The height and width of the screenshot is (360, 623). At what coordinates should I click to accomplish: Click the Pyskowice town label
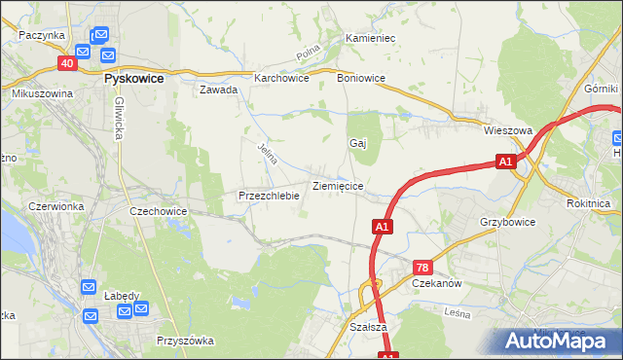click(x=133, y=78)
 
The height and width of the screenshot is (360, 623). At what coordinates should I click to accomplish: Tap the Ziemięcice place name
click(x=338, y=184)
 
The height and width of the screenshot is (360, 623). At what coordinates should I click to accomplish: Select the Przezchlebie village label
click(x=269, y=195)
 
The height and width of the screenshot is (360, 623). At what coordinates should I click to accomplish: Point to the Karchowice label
click(x=281, y=79)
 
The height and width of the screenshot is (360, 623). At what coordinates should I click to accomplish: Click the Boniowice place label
click(x=361, y=79)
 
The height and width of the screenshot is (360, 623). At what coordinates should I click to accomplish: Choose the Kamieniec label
click(x=370, y=38)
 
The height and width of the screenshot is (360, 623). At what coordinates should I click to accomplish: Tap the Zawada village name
click(x=219, y=90)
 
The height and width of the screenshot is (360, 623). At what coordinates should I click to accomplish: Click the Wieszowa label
click(x=507, y=128)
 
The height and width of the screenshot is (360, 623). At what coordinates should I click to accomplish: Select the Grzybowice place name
click(x=507, y=222)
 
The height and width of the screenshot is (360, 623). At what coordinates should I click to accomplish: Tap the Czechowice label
click(x=158, y=210)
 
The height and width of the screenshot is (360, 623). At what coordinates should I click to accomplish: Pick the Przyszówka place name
click(x=185, y=341)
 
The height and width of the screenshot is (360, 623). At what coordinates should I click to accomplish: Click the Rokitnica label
click(x=588, y=203)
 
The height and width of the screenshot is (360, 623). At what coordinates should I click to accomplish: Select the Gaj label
click(x=357, y=143)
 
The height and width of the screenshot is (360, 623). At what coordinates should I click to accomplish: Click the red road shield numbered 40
click(x=66, y=63)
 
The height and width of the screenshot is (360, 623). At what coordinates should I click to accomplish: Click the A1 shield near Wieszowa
click(x=504, y=162)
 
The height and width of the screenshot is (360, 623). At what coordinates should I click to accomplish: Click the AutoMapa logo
click(x=558, y=340)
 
